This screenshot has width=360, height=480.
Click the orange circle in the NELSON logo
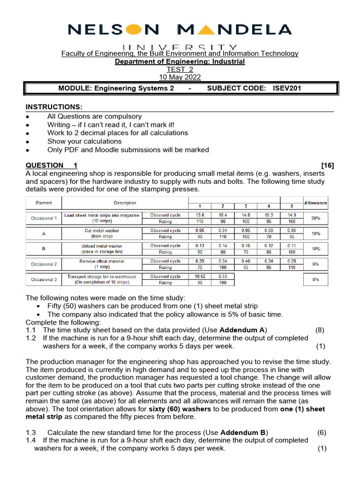[133, 30]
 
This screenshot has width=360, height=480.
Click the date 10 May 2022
[180, 77]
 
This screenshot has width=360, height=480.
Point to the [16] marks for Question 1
[328, 165]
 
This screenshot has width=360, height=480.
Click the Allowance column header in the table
[315, 203]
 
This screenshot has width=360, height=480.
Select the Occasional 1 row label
[44, 218]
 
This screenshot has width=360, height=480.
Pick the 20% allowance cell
[315, 218]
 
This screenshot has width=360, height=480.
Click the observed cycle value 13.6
[200, 215]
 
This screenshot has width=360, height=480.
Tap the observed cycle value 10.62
[200, 276]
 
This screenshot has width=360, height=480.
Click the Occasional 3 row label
[44, 279]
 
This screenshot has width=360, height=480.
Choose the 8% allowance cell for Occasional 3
[315, 279]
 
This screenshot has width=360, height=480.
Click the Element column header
[44, 203]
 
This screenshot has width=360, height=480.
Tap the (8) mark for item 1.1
[320, 330]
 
